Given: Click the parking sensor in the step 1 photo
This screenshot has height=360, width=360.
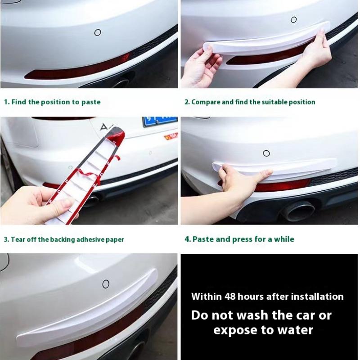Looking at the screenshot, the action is coord(98,32).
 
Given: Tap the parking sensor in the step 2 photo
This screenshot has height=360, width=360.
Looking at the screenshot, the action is coord(294,19).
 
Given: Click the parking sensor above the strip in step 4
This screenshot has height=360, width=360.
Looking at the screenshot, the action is coord(266,153).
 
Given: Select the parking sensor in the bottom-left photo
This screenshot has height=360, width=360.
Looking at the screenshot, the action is coord(106,284).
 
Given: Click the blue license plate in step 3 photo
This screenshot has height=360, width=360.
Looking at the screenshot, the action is coord(160,121).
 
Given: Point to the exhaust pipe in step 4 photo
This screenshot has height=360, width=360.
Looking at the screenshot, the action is coord(298,211).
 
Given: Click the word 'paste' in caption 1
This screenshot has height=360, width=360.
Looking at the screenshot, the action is coord(91,102).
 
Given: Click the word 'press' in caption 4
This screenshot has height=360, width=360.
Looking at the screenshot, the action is coord(242,239).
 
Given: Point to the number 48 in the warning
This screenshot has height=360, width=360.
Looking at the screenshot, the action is coord(230,297).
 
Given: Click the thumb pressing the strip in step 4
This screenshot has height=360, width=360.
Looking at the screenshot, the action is coord(264,173).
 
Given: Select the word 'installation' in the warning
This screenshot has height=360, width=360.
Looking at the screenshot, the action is coord(318,297).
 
